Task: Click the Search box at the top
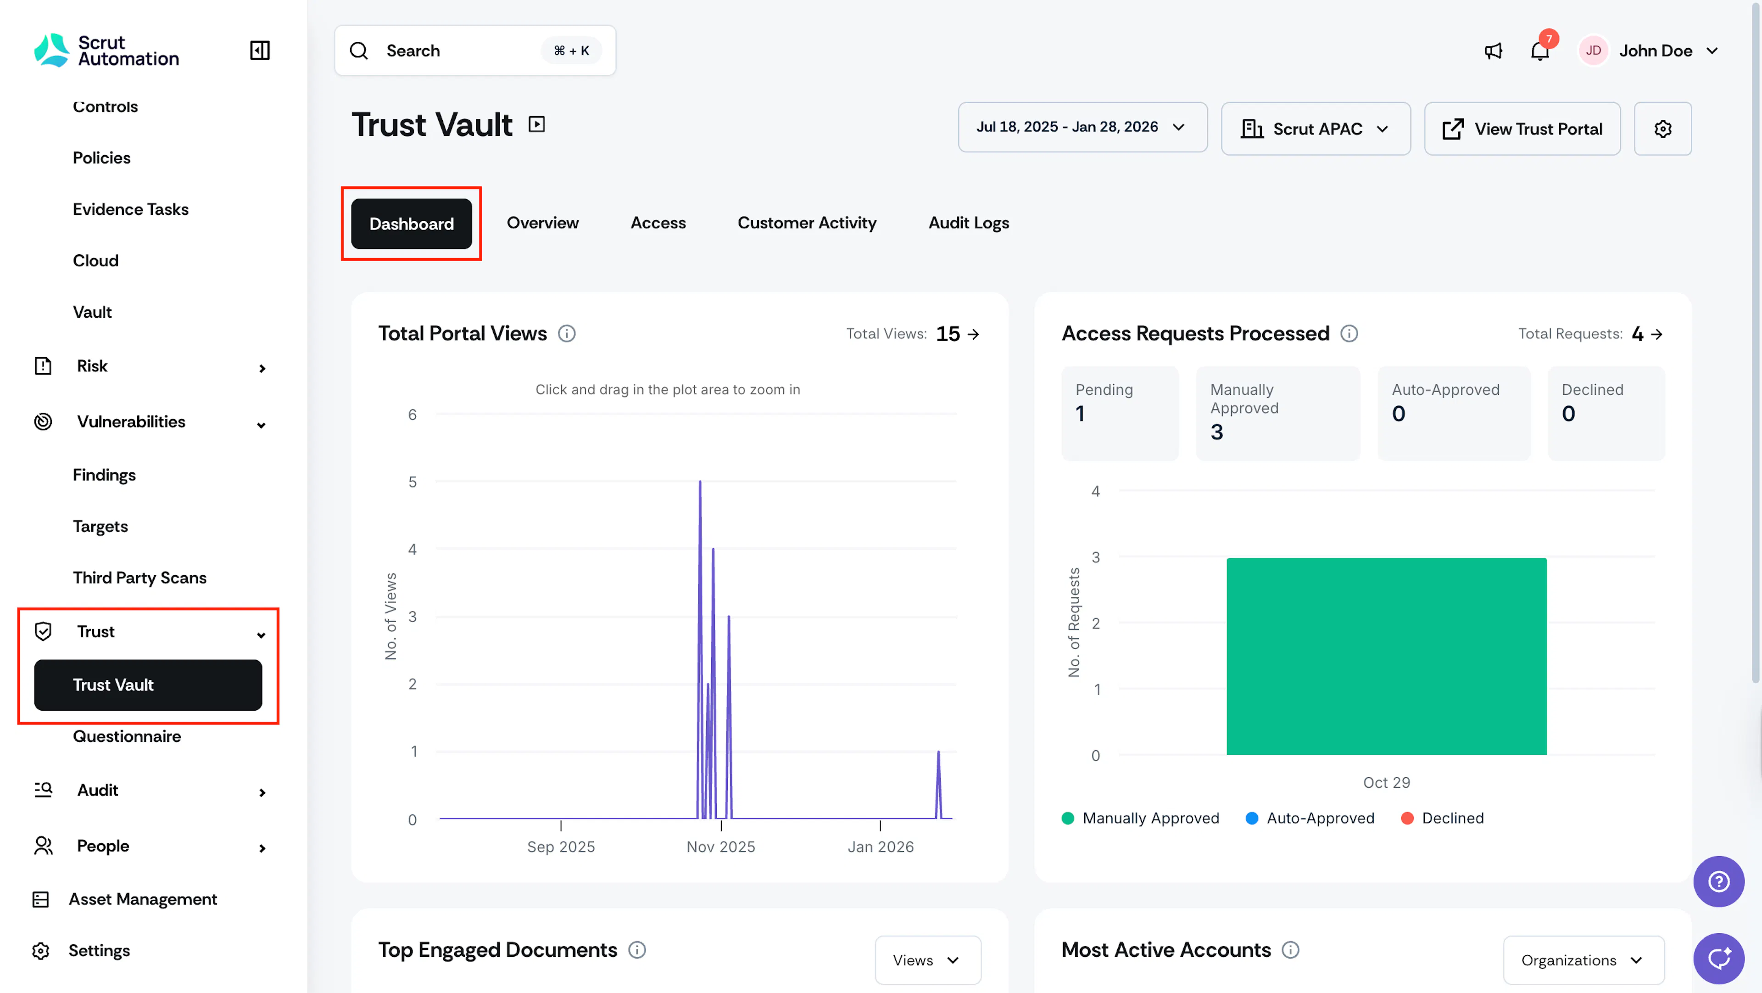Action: click(x=475, y=50)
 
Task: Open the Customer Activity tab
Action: click(x=807, y=223)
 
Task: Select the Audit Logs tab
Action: click(x=969, y=223)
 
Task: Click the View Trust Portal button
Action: click(x=1522, y=129)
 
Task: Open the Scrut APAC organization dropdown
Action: click(x=1316, y=129)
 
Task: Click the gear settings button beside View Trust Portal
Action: click(x=1663, y=129)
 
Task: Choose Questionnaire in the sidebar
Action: click(x=127, y=736)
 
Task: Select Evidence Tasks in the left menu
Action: click(x=131, y=209)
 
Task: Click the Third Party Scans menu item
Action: click(x=139, y=578)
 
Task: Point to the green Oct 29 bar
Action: click(x=1387, y=656)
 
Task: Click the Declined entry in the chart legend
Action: click(x=1443, y=819)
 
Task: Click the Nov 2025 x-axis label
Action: click(x=721, y=847)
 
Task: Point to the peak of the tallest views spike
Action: click(x=700, y=481)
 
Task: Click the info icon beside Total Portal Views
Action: click(x=566, y=334)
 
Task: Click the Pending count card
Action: click(x=1120, y=413)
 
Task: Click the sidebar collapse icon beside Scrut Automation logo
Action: click(x=260, y=50)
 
